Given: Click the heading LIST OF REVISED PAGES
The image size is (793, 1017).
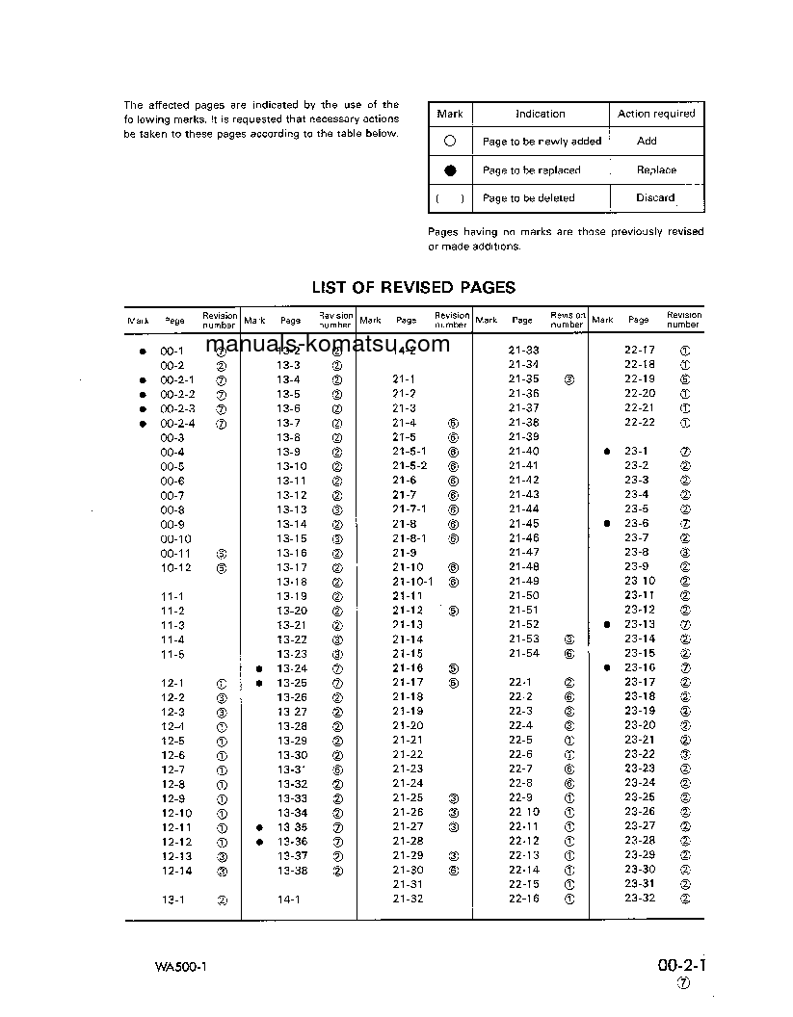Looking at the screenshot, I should pos(413,287).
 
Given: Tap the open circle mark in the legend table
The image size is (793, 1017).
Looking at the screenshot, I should pos(450,141).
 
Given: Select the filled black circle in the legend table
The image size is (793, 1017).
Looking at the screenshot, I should pos(450,169).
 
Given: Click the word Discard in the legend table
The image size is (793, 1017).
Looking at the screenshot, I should pos(655,197).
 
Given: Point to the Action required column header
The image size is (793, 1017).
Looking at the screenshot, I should pos(656,114).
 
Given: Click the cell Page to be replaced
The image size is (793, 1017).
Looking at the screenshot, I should pos(531,170).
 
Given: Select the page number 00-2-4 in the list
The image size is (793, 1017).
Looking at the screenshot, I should pos(177,423).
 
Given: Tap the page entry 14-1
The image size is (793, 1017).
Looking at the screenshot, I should pos(289,900).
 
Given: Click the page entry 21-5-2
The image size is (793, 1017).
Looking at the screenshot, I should pos(410,466).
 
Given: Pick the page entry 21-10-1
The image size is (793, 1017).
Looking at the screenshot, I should pos(412,582).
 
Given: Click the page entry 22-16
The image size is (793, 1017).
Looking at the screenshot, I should pos(524,899).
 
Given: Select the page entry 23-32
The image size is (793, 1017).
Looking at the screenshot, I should pos(640,899).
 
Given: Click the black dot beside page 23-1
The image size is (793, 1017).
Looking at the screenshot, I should pos(606,451).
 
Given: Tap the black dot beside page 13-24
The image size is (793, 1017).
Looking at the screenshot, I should pos(258,668).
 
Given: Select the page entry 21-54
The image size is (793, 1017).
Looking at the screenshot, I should pos(524,654).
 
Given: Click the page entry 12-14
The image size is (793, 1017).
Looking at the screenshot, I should pos(176,871).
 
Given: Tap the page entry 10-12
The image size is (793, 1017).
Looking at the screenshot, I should pos(176,568).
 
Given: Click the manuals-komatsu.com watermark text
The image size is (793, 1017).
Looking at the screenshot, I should pos(328,345).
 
